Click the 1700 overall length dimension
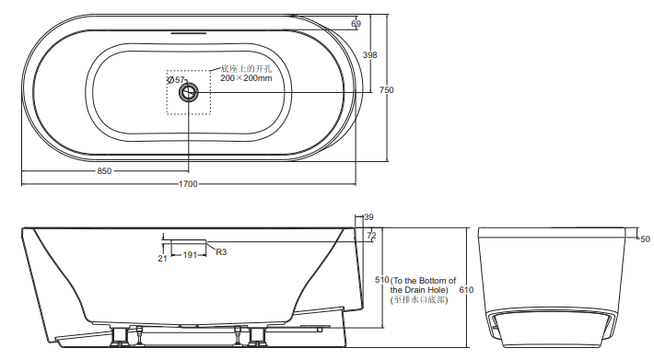pyautogui.click(x=188, y=184)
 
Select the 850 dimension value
pyautogui.click(x=104, y=171)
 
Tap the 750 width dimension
pyautogui.click(x=387, y=89)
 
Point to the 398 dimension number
pyautogui.click(x=370, y=54)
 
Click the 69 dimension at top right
pyautogui.click(x=356, y=24)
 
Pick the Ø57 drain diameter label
pyautogui.click(x=176, y=79)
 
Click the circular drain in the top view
pyautogui.click(x=189, y=92)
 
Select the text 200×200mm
pyautogui.click(x=246, y=78)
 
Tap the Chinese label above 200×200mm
pyautogui.click(x=246, y=69)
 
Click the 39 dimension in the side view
pyautogui.click(x=369, y=217)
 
